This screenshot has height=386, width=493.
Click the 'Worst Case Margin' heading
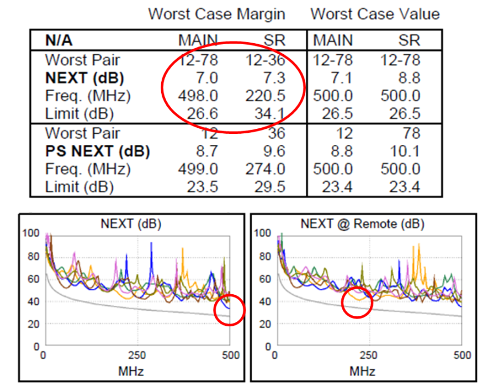pyautogui.click(x=216, y=14)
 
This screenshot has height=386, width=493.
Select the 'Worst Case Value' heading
pyautogui.click(x=375, y=14)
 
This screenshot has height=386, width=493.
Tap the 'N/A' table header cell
pyautogui.click(x=59, y=40)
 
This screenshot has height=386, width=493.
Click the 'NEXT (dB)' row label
pyautogui.click(x=84, y=77)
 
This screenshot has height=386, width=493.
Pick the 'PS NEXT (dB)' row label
pyautogui.click(x=97, y=151)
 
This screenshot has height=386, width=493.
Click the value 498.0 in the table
pyautogui.click(x=198, y=96)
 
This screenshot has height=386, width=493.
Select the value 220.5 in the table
pyautogui.click(x=266, y=96)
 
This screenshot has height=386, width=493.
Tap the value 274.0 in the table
pyautogui.click(x=266, y=169)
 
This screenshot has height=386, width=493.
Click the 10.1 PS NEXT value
pyautogui.click(x=405, y=151)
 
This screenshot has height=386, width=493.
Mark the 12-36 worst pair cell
pyautogui.click(x=266, y=60)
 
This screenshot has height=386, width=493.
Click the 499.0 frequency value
pyautogui.click(x=198, y=169)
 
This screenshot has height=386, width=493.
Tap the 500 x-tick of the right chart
pyautogui.click(x=461, y=355)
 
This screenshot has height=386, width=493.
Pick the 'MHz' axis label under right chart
pyautogui.click(x=362, y=369)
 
